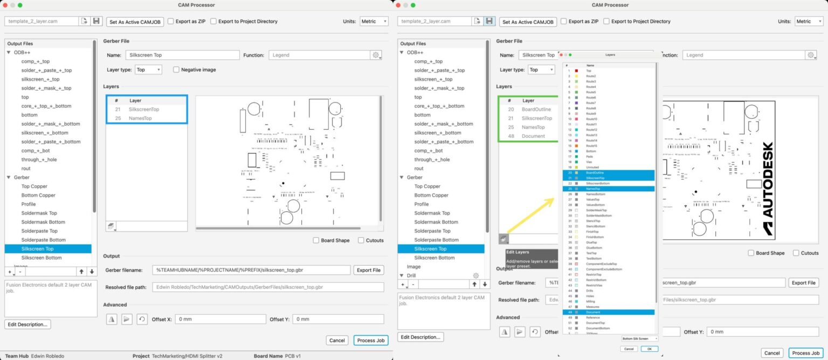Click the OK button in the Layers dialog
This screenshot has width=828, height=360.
(x=649, y=349)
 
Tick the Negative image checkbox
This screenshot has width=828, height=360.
(x=176, y=70)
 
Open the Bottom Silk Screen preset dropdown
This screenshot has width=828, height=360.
(x=640, y=338)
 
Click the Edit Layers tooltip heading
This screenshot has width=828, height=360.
(x=517, y=252)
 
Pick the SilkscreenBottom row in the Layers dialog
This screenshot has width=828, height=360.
(x=596, y=183)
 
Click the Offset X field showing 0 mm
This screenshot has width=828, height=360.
(x=220, y=319)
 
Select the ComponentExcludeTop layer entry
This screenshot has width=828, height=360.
(x=601, y=264)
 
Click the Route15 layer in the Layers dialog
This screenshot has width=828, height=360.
(x=591, y=146)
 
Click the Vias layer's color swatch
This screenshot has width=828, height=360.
(x=577, y=162)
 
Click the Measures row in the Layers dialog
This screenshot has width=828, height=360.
(x=592, y=307)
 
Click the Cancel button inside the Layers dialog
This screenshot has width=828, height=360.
(x=629, y=349)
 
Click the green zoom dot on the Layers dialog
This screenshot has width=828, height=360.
(x=570, y=54)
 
